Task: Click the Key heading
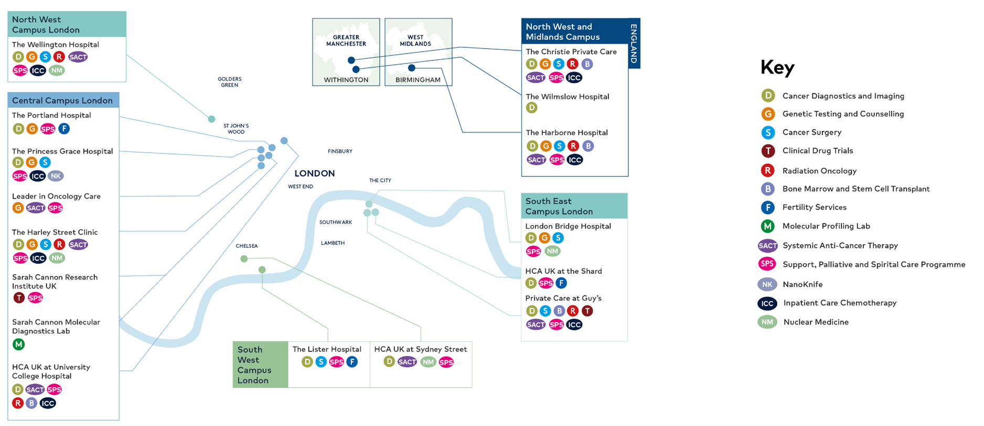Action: coord(777,68)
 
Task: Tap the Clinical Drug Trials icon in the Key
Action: coord(768,151)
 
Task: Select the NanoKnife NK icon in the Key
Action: coord(767,284)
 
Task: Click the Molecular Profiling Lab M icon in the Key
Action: coord(768,226)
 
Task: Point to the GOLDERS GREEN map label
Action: coord(229,82)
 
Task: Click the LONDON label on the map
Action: coord(315,173)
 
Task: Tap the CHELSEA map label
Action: coord(247,246)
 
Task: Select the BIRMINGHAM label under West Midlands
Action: coord(418,80)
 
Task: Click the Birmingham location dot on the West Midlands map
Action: coord(412,68)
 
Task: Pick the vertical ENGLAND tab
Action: coord(634,44)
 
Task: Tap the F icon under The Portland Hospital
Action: coord(63,129)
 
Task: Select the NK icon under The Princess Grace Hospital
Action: coord(56,176)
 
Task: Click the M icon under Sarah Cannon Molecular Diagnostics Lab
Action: coord(18,345)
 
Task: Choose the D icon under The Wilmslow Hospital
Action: coord(532,108)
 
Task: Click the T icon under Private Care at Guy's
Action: coord(587,311)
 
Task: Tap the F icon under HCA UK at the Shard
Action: coord(561,283)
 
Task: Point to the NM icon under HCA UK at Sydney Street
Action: coord(429,362)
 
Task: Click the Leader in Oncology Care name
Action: coord(56,196)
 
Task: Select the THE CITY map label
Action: coord(380,180)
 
